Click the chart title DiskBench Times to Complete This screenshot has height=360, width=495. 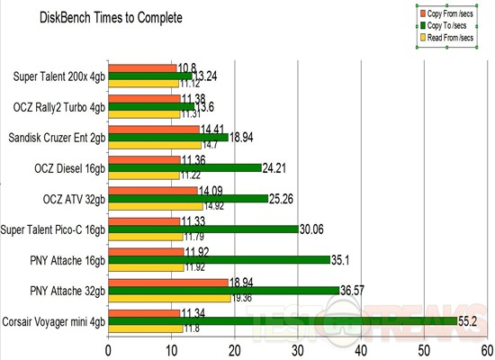coord(110,18)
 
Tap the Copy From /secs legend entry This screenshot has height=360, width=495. coord(454,14)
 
